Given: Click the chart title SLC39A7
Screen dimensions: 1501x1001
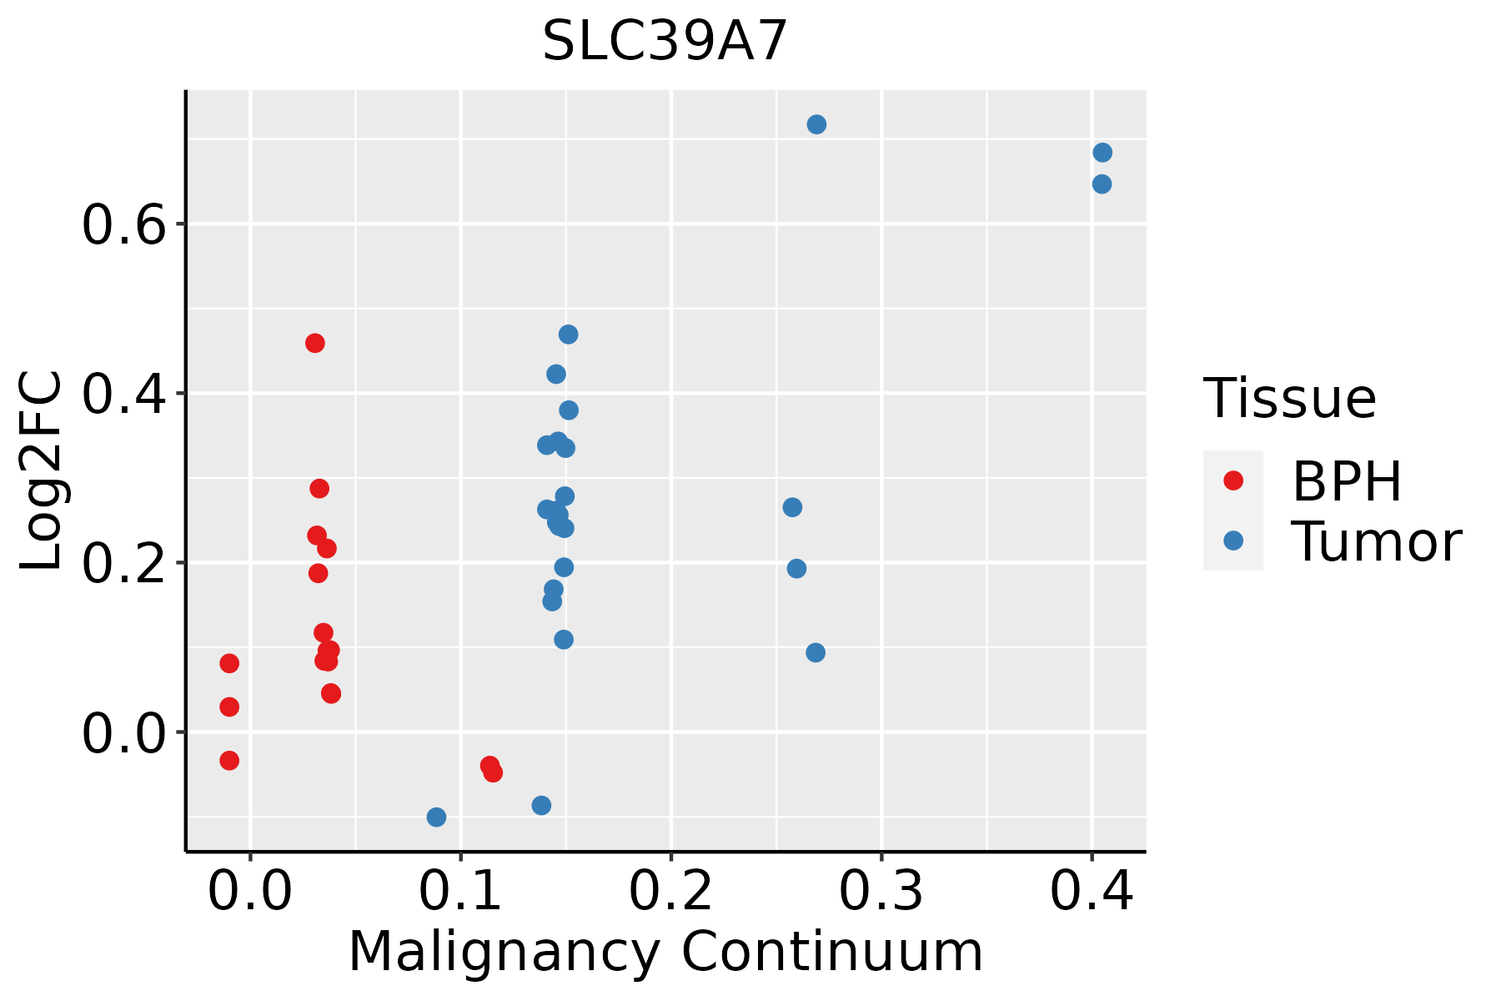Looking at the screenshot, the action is pos(665,41).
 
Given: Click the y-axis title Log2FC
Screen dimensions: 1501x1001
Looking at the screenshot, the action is pos(42,471).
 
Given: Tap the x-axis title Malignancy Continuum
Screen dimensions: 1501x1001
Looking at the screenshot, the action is pos(665,952).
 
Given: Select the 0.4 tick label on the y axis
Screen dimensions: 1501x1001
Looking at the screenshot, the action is pos(124,395).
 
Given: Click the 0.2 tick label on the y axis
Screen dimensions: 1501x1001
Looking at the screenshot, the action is pos(124,564).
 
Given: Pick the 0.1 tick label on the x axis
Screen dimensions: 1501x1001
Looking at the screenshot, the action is pos(460,891).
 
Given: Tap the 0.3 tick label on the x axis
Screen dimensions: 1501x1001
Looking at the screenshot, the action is pos(881,891).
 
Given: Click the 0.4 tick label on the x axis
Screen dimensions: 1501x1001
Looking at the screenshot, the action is pos(1092,891).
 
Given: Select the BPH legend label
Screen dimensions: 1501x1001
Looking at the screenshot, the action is pos(1347,481).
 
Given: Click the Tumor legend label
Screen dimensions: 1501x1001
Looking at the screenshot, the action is pos(1377,541).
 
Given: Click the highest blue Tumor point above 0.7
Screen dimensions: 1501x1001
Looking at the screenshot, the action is pos(816,124).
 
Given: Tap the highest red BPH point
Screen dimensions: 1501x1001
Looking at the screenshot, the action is pos(315,343).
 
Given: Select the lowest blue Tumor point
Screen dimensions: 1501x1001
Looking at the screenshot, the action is pos(436,817).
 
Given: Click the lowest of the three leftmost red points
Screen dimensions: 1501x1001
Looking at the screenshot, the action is pos(229,760).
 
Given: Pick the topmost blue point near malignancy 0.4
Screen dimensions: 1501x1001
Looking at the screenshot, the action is pos(1102,153).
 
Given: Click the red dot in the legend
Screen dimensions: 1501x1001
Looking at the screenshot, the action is pos(1233,480).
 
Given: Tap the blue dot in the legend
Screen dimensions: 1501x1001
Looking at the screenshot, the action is pos(1233,541).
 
